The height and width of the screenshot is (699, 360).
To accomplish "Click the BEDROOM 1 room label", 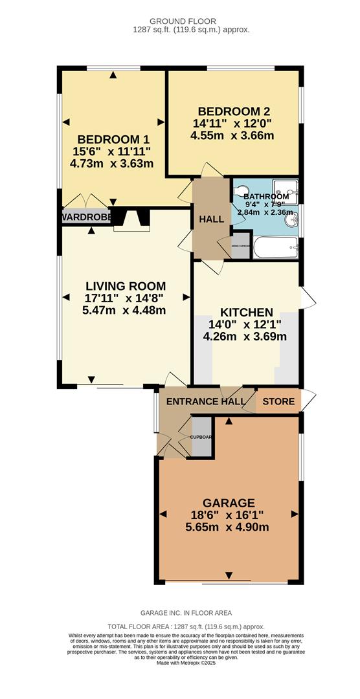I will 109,139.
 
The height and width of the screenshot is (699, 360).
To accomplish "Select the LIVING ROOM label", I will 126,286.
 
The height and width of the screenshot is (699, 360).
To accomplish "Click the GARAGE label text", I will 229,503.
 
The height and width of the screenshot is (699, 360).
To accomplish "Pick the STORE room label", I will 278,402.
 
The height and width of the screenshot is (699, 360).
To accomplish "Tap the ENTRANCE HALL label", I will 206,402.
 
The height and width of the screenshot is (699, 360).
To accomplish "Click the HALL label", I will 211,219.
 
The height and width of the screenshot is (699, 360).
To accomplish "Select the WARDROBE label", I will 87,216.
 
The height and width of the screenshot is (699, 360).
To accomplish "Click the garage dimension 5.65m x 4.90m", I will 227,527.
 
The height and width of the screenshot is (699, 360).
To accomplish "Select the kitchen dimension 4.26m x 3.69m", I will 245,337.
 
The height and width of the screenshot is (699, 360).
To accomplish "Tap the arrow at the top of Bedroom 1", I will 113,75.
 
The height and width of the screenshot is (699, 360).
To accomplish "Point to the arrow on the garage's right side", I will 295,514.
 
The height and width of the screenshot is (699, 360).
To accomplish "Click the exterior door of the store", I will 309,400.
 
